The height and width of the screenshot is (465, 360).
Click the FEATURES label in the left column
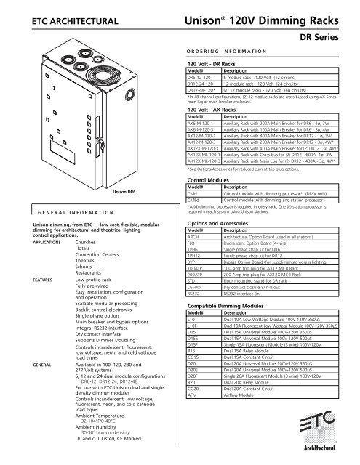[x=22, y=318]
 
